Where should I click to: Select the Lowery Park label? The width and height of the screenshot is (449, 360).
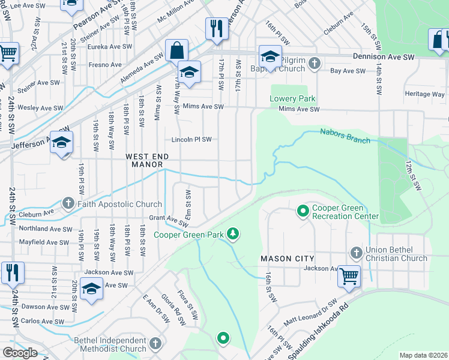(x=292, y=98)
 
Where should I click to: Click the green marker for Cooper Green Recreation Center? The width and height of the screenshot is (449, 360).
(x=304, y=211)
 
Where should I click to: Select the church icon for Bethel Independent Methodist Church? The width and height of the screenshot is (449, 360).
(x=155, y=344)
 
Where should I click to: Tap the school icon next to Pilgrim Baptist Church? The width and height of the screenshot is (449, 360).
(x=270, y=57)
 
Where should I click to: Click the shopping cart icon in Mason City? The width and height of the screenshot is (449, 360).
(x=349, y=276)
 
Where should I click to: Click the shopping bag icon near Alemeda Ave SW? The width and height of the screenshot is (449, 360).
(x=177, y=50)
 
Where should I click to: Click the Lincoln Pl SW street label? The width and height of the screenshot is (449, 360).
(x=191, y=139)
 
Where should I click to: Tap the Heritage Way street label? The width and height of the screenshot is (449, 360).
(x=424, y=94)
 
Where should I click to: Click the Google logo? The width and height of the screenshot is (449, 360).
(x=20, y=353)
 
